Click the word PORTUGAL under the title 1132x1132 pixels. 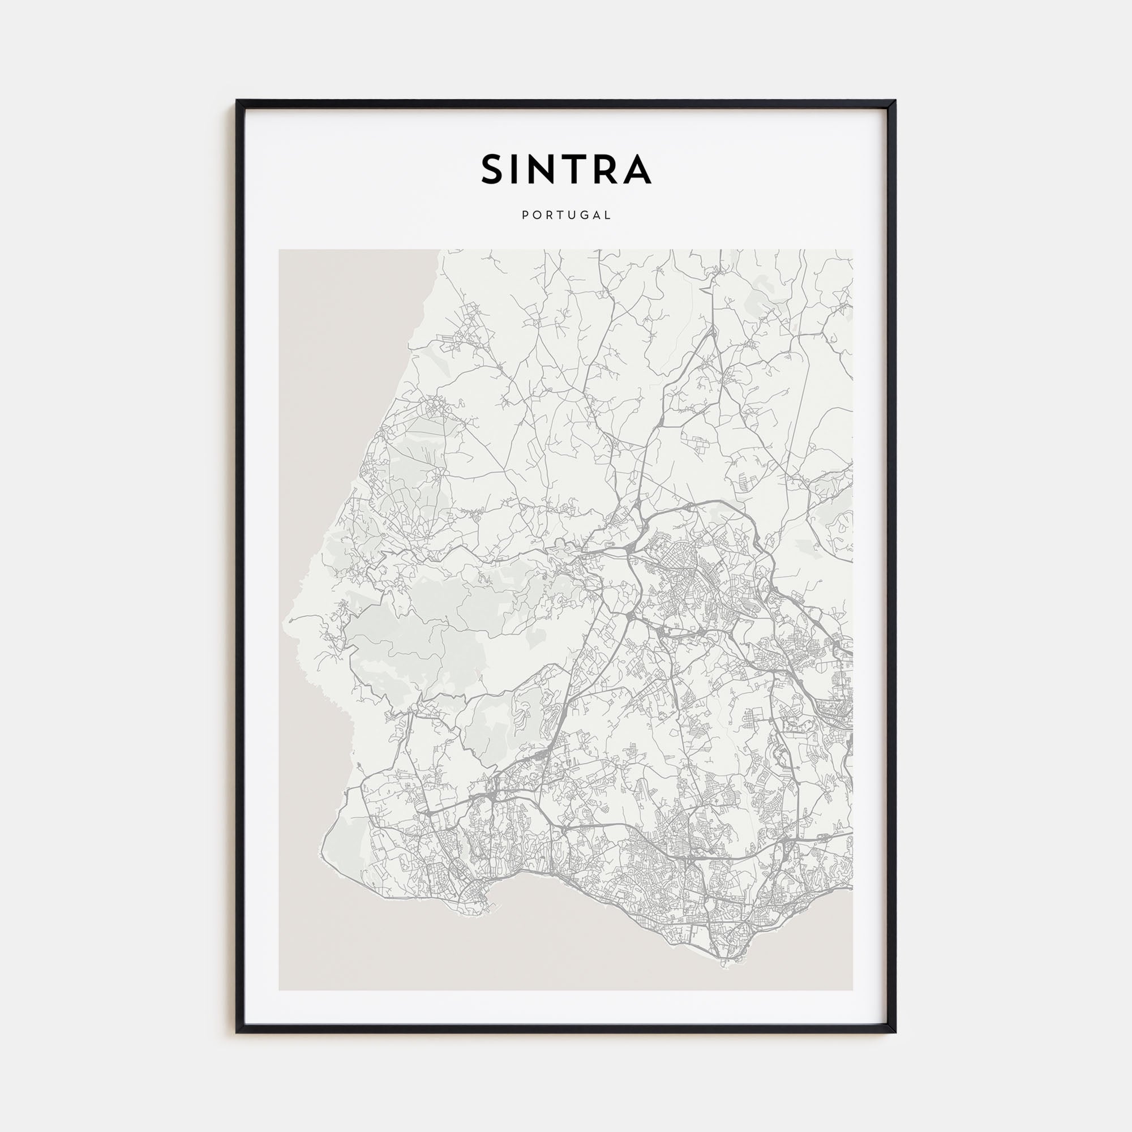(566, 215)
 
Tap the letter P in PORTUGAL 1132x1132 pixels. (525, 215)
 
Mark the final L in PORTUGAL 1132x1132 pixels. (608, 215)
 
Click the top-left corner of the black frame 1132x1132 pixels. (237, 101)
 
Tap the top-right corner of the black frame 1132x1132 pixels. (896, 101)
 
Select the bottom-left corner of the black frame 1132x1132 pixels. (237, 1032)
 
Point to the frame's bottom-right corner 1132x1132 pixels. (896, 1032)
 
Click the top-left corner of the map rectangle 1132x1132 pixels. (279, 250)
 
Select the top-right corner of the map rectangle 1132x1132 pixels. (853, 250)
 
